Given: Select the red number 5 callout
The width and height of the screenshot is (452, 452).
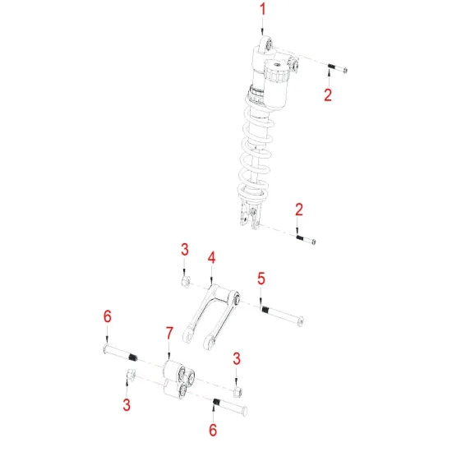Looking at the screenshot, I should click(x=261, y=279).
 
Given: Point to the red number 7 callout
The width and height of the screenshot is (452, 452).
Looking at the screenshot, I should click(x=168, y=333).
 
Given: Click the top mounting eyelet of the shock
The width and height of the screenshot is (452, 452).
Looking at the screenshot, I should click(x=265, y=44).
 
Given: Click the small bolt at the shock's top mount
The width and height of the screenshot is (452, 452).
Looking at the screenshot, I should click(x=336, y=69).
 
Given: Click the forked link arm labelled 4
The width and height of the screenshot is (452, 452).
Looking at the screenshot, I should click(x=210, y=314).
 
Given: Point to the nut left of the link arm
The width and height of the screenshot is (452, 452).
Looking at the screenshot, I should click(x=186, y=284).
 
